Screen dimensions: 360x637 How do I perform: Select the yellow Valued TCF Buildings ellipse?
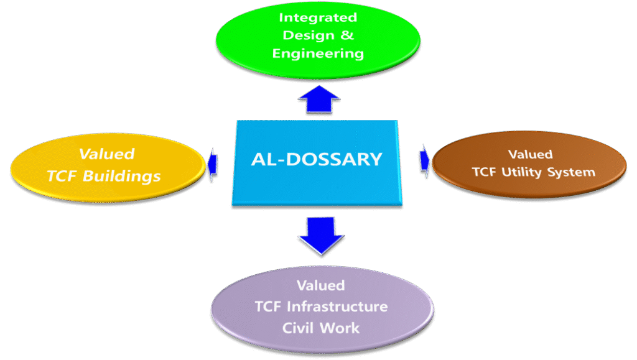coord(107,165)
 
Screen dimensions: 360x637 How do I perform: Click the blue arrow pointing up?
coord(319,99)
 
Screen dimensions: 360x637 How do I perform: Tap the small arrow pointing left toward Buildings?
coord(212,162)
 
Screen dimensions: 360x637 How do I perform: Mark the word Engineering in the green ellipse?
coord(317,53)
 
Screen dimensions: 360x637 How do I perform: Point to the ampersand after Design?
coord(347,35)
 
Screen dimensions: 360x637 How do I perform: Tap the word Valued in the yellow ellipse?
coord(106,154)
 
